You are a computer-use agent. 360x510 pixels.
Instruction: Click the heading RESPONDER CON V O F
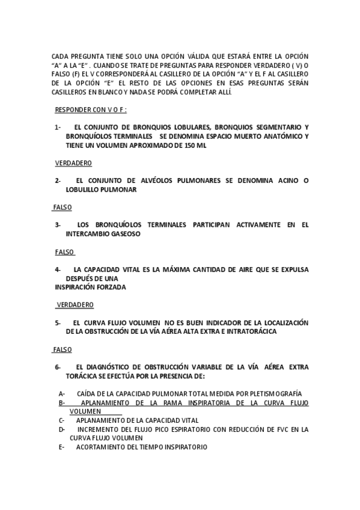(x=91, y=110)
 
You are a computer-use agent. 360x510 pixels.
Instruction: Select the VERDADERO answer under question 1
(x=73, y=163)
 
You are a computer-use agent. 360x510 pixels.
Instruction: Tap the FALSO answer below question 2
(x=62, y=207)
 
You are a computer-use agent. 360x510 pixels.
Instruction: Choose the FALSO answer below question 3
(x=64, y=251)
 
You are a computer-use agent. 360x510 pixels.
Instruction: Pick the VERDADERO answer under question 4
(x=75, y=304)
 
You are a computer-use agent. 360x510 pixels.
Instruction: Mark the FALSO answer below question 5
(x=62, y=349)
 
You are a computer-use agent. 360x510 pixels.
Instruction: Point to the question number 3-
(x=58, y=225)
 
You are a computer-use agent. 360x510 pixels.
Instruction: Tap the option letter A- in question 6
(x=62, y=393)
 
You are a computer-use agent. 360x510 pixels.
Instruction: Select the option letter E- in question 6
(x=62, y=447)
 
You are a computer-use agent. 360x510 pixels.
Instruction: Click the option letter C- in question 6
(x=62, y=420)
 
